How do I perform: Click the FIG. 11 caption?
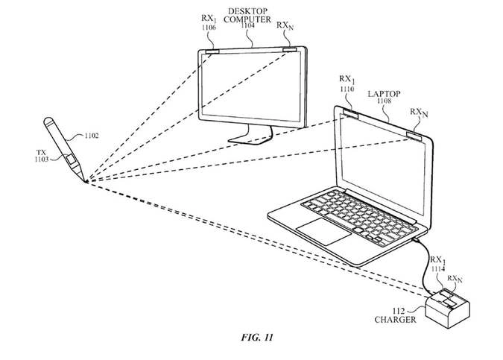point(252,338)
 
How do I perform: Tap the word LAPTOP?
point(384,94)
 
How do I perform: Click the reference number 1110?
point(347,89)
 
